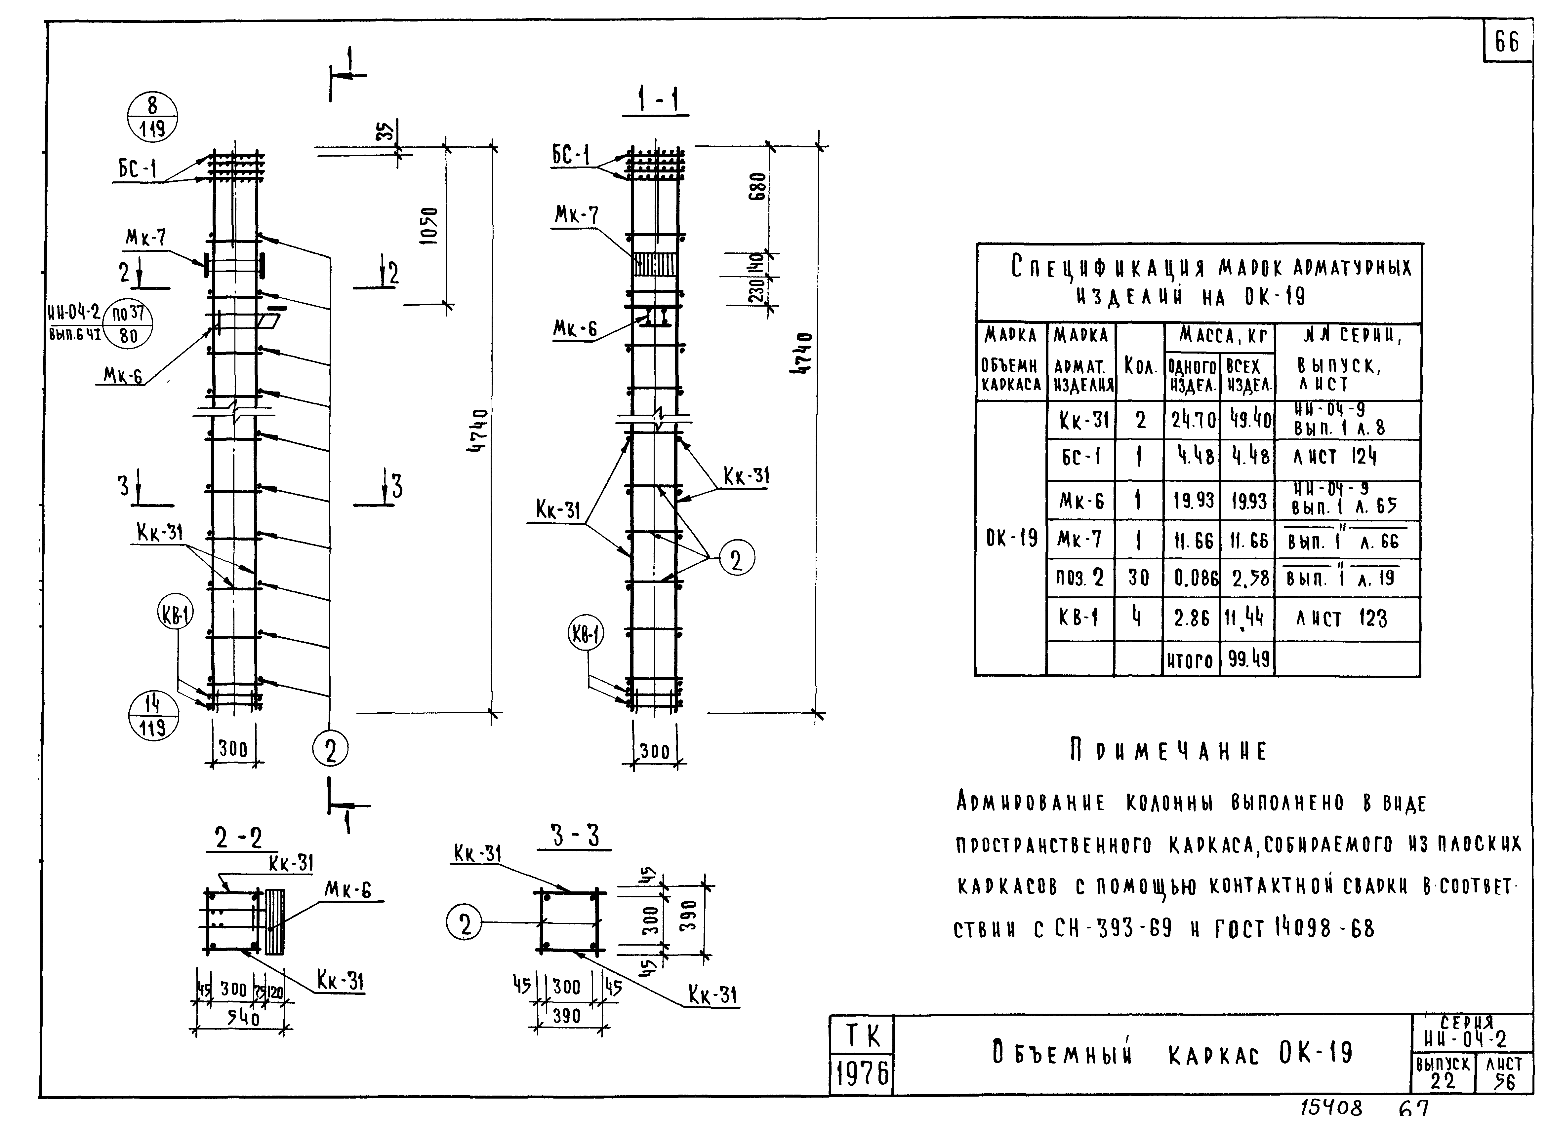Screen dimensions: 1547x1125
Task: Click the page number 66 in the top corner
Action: (x=1507, y=42)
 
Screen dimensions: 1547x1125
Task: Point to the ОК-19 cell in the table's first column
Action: (x=1012, y=539)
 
